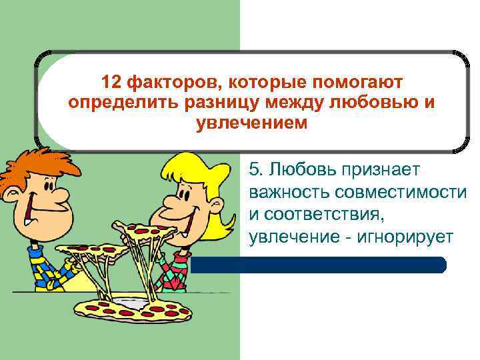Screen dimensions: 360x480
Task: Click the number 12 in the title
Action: pos(111,83)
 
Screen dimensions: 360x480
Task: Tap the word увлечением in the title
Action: pos(253,124)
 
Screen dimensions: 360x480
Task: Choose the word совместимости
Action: pos(399,193)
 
